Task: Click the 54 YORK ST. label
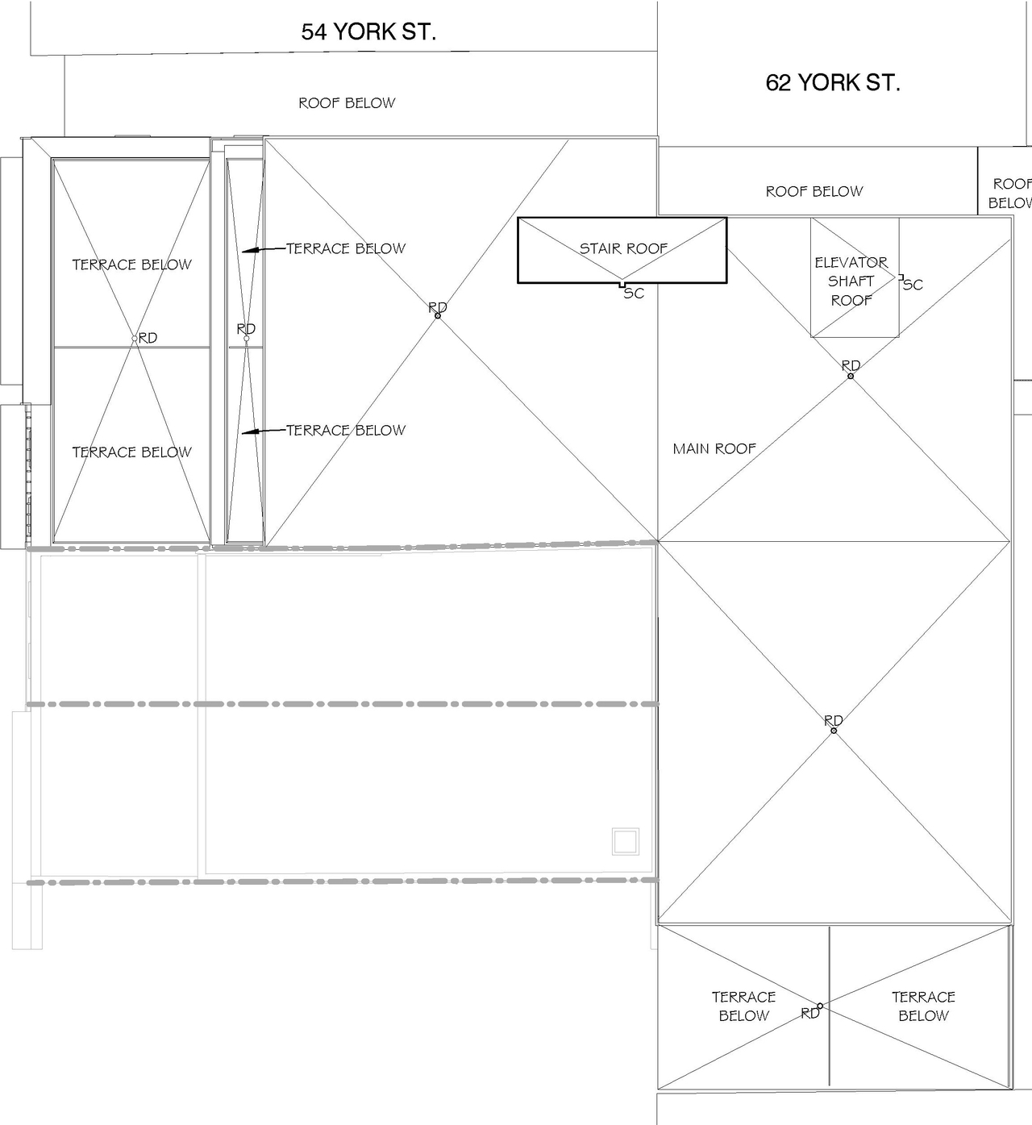pyautogui.click(x=368, y=31)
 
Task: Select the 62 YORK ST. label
pyautogui.click(x=832, y=82)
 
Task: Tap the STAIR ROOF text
pyautogui.click(x=623, y=248)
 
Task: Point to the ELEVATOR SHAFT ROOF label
pyautogui.click(x=851, y=281)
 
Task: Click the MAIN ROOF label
pyautogui.click(x=714, y=448)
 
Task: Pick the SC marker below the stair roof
pyautogui.click(x=634, y=294)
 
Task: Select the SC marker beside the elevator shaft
pyautogui.click(x=913, y=285)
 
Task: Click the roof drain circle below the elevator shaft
pyautogui.click(x=851, y=376)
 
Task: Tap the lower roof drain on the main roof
pyautogui.click(x=834, y=731)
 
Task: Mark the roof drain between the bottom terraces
pyautogui.click(x=820, y=1006)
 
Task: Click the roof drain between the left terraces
pyautogui.click(x=135, y=339)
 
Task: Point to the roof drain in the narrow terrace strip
pyautogui.click(x=246, y=339)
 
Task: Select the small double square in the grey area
pyautogui.click(x=626, y=841)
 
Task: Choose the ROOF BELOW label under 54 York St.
pyautogui.click(x=347, y=103)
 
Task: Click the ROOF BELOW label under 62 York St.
pyautogui.click(x=814, y=191)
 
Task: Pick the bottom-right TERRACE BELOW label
pyautogui.click(x=923, y=1006)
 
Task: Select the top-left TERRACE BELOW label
pyautogui.click(x=131, y=265)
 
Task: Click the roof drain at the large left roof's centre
pyautogui.click(x=438, y=315)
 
